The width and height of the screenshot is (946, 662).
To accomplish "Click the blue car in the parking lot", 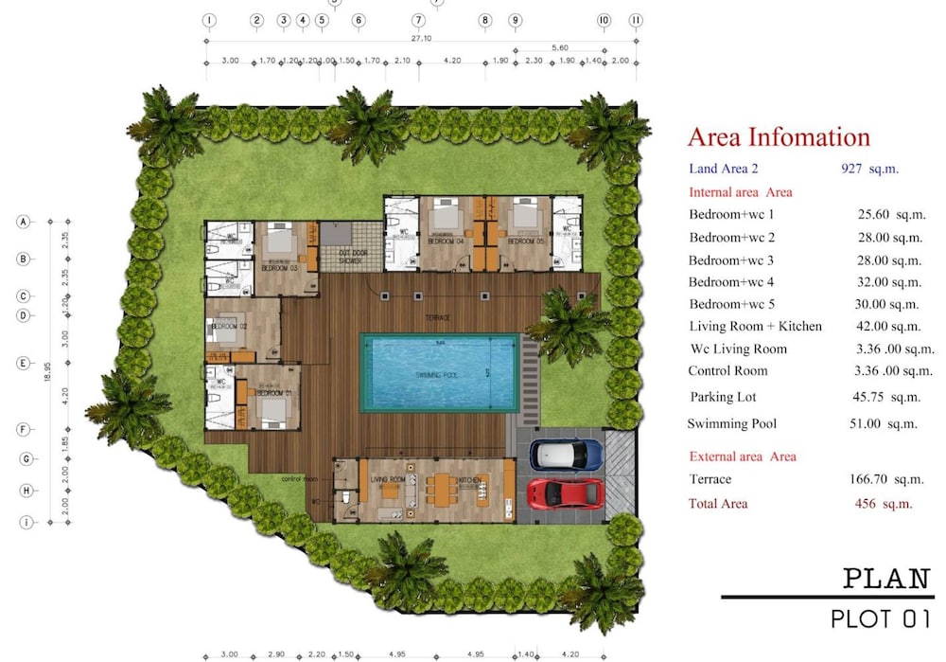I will coord(567,455).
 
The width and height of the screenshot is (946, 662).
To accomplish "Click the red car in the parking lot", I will coord(566,493).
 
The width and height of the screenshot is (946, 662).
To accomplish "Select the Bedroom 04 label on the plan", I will coord(444,242).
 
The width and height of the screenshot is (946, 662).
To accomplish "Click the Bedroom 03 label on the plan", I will coord(279,267).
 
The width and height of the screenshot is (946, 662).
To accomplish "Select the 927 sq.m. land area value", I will coord(869,169).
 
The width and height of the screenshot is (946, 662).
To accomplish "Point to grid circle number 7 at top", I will coord(418,20).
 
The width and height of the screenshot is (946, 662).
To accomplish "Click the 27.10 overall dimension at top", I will coord(422,40).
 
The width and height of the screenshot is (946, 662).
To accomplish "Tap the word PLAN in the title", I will coord(886,578).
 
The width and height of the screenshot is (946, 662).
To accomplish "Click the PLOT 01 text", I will coord(881,619).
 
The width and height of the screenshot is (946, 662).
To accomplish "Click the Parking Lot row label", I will coord(723,397).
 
